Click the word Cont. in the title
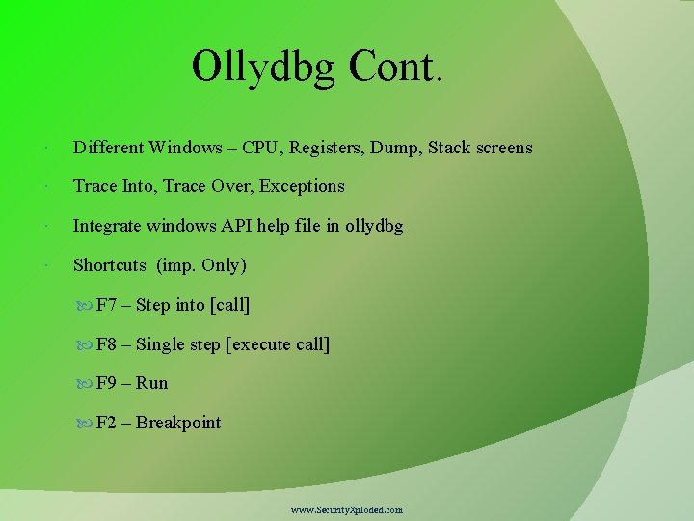(x=397, y=67)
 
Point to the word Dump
(x=398, y=148)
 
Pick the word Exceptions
(x=300, y=186)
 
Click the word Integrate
(x=109, y=226)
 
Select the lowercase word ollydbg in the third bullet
(x=374, y=226)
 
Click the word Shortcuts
(x=110, y=265)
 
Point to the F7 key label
(x=106, y=305)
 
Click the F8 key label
(x=106, y=344)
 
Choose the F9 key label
(x=106, y=383)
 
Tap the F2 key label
(x=106, y=423)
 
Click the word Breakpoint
(x=178, y=423)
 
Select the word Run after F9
(x=151, y=383)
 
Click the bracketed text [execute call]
(x=277, y=344)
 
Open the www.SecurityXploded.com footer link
(x=347, y=509)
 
